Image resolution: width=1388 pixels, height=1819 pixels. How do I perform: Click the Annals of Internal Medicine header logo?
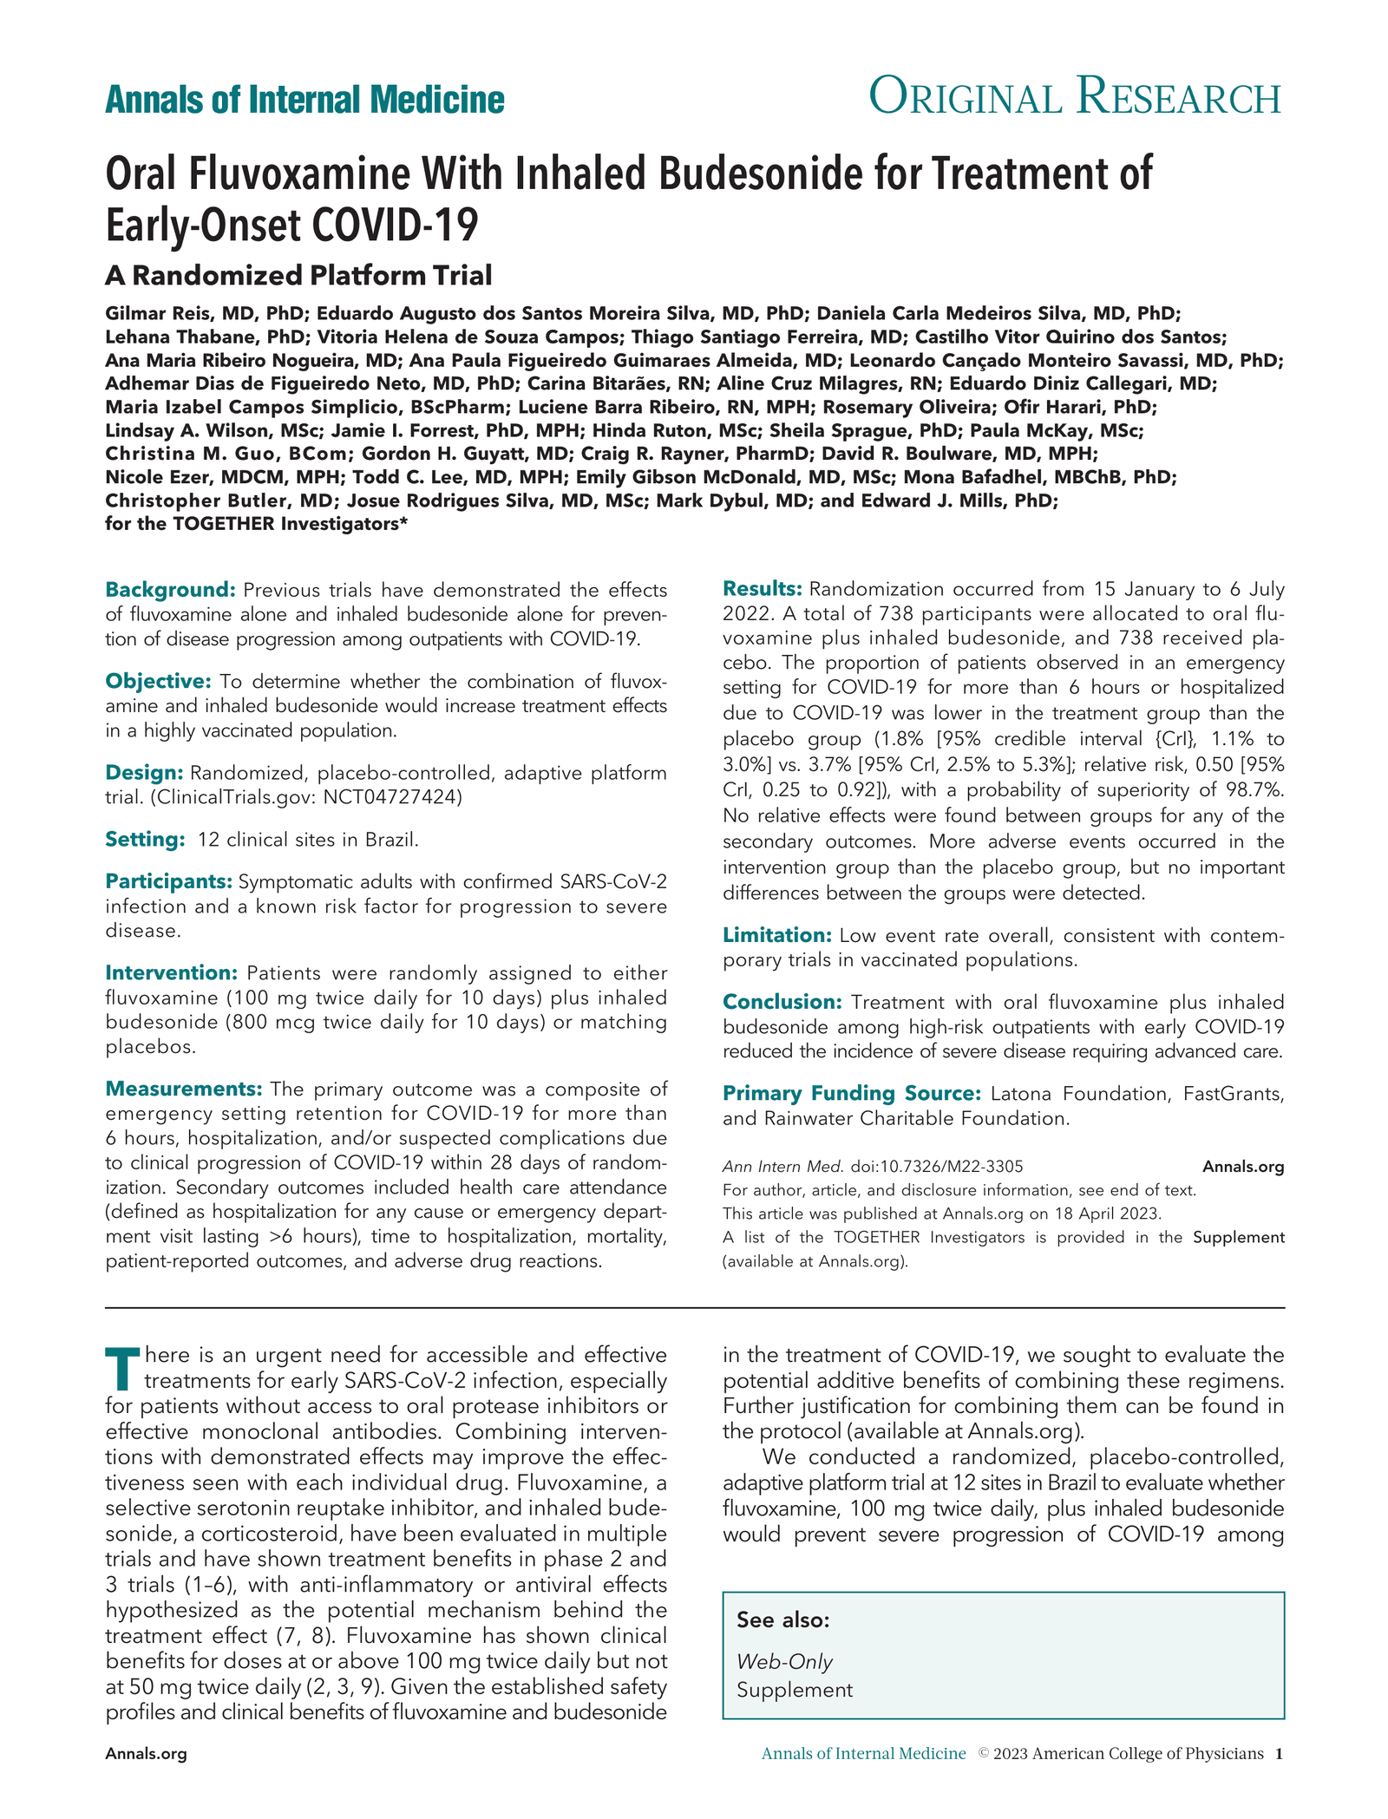[304, 100]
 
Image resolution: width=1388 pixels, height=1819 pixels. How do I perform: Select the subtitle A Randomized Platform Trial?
[298, 275]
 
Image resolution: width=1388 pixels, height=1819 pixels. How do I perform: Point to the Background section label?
[170, 590]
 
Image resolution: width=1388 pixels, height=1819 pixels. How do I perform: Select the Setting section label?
[145, 839]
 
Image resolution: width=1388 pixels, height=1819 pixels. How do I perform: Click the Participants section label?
[168, 881]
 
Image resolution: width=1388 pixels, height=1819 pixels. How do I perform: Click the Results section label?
[762, 589]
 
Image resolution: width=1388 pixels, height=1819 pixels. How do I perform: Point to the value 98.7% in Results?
[1254, 790]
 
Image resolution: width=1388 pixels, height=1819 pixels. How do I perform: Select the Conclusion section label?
[782, 1002]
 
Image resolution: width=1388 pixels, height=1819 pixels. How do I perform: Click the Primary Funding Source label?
[851, 1093]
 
